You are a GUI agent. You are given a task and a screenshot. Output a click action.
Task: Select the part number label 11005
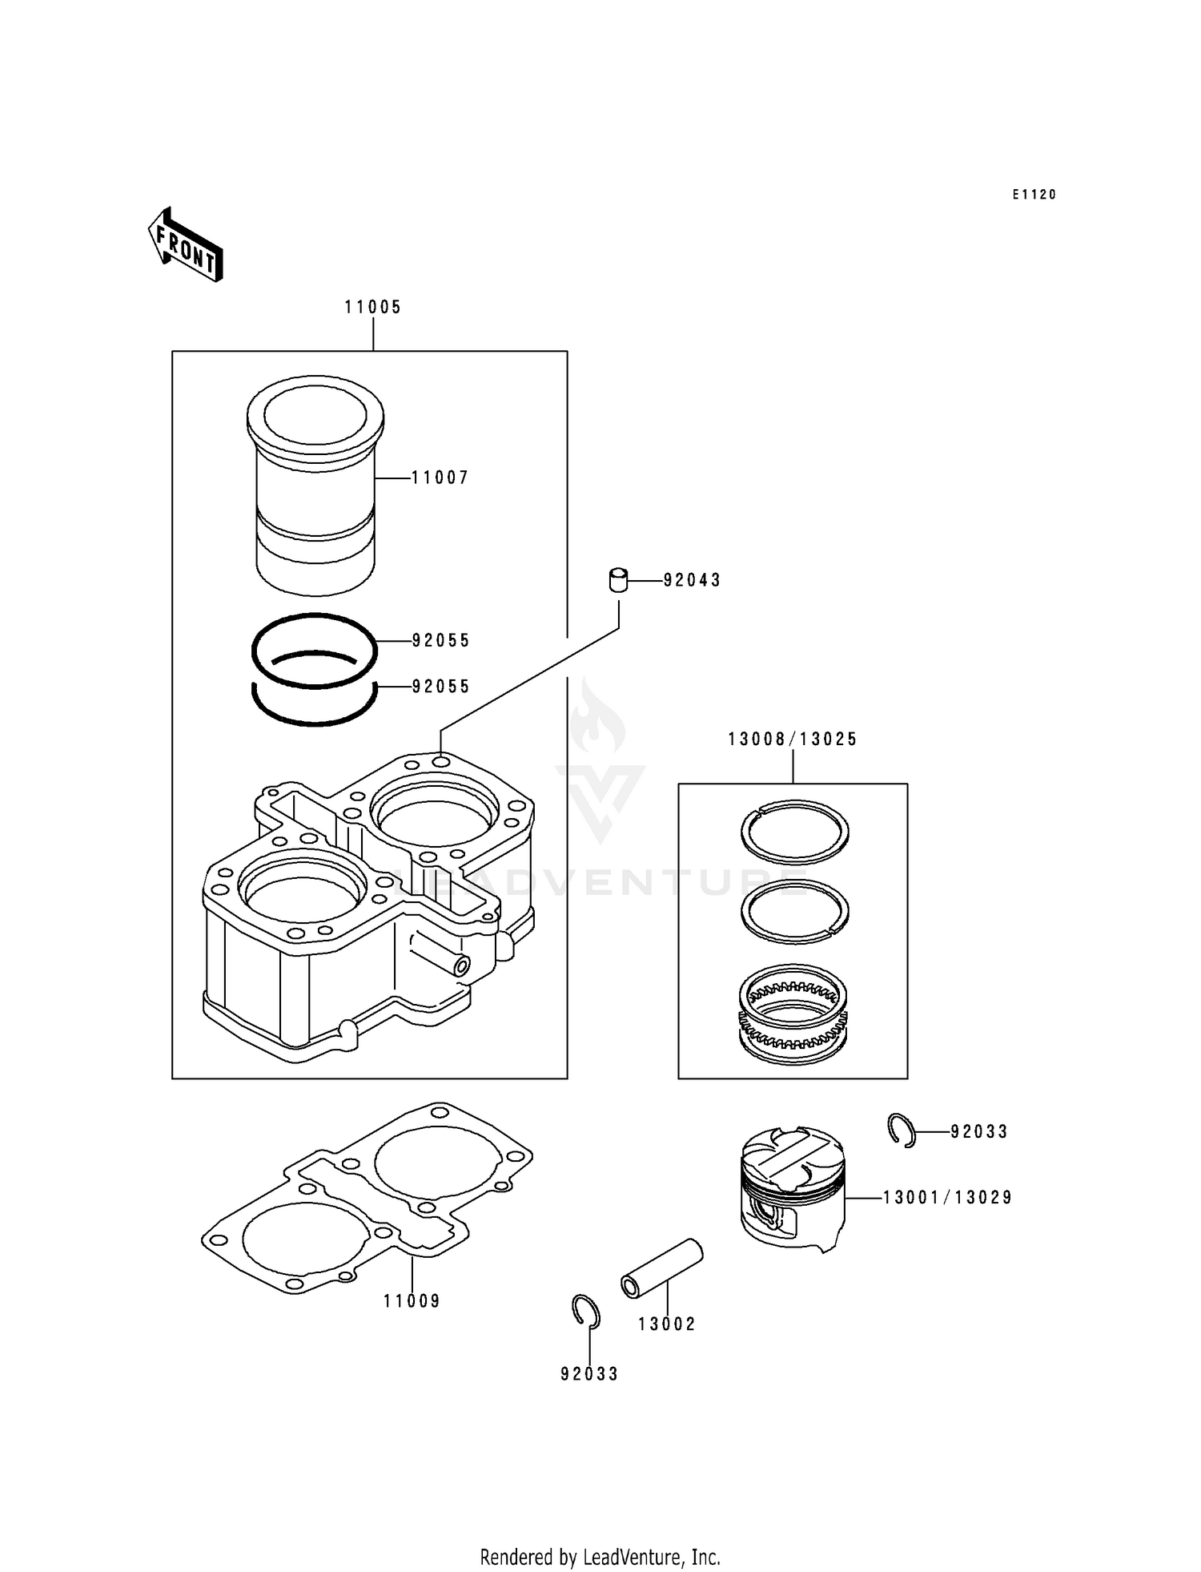(373, 307)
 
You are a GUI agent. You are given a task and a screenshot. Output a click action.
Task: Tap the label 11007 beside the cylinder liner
(440, 478)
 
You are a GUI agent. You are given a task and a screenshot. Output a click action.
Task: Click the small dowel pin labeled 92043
(618, 580)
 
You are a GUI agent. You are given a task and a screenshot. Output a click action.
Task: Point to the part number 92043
(692, 580)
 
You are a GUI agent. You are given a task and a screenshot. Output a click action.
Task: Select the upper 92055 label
(440, 640)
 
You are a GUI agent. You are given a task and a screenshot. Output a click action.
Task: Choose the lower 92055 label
(440, 687)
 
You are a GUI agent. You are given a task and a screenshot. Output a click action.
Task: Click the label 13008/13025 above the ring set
(792, 739)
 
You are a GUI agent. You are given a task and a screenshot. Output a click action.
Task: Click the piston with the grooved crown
(792, 1187)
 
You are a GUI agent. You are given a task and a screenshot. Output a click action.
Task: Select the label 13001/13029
(947, 1198)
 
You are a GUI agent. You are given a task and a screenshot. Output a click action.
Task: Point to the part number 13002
(666, 1324)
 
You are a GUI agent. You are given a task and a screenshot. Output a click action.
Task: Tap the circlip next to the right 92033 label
(901, 1130)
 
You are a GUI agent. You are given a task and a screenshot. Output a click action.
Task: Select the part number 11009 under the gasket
(412, 1301)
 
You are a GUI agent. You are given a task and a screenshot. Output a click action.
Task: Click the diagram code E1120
(1034, 195)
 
